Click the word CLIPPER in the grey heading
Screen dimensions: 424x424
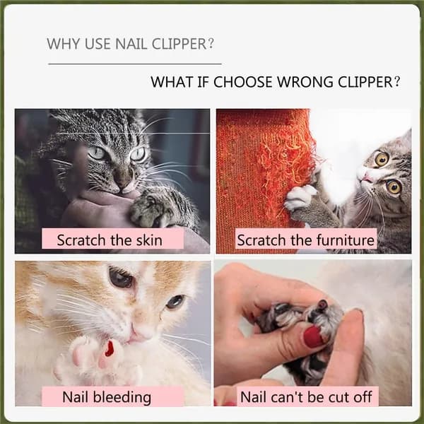[179, 44]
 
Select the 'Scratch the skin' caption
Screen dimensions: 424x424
[110, 240]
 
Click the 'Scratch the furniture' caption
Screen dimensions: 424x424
[305, 240]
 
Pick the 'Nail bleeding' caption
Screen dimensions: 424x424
[107, 397]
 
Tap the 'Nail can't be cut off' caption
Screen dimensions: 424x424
[306, 397]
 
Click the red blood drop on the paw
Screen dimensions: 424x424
[110, 349]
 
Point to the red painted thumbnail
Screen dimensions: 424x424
[314, 337]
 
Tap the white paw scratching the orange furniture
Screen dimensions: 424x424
[300, 197]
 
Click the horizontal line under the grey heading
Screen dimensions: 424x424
[135, 64]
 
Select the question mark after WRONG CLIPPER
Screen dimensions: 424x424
[396, 81]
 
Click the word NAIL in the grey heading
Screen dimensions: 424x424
[131, 44]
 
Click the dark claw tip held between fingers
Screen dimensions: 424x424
[322, 305]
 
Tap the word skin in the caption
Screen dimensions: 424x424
[149, 240]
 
